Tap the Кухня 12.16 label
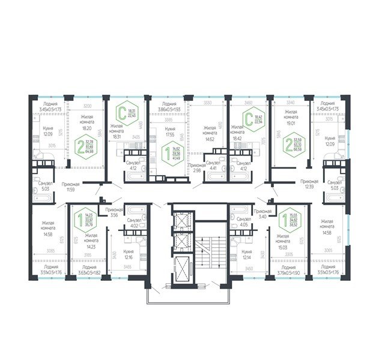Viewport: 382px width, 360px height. point(129,254)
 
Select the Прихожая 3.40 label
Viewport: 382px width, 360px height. point(262,215)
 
